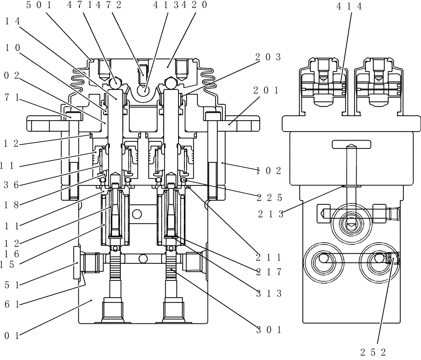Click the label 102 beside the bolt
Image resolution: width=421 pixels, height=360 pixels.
(x=269, y=170)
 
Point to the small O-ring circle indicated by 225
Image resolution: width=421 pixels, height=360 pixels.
(x=184, y=180)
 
